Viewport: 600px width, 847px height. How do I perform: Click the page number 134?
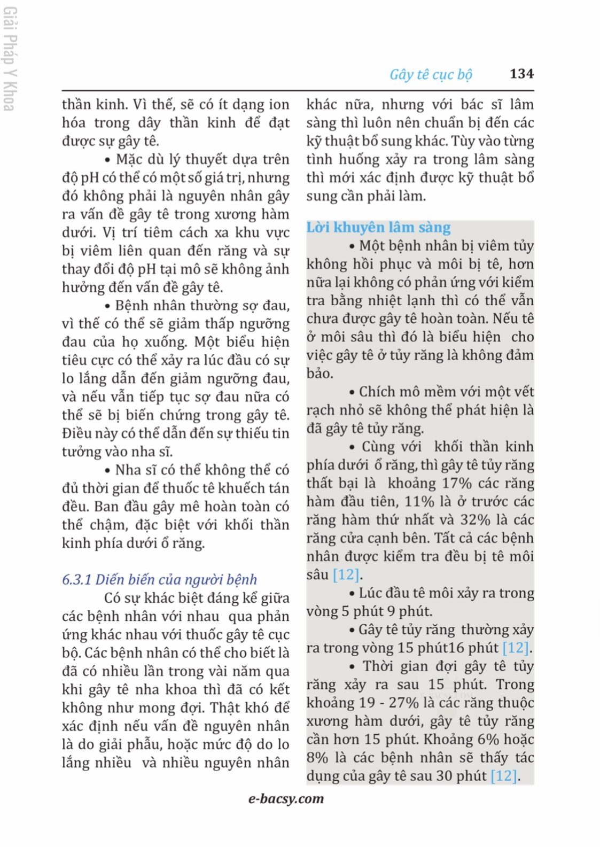(x=521, y=74)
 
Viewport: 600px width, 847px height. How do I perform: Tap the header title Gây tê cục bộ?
(x=431, y=74)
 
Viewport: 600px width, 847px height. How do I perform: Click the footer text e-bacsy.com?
(x=286, y=798)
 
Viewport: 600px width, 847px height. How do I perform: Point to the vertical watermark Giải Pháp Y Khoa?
(x=9, y=59)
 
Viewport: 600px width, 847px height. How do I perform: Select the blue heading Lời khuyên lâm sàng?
(x=378, y=228)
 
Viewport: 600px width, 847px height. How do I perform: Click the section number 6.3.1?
(x=77, y=580)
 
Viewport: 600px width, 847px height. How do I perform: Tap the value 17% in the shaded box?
(x=456, y=484)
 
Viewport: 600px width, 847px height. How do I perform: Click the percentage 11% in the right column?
(x=419, y=502)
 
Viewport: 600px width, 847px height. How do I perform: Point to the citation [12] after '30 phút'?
(x=504, y=776)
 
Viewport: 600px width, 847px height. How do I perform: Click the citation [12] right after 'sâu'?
(x=346, y=575)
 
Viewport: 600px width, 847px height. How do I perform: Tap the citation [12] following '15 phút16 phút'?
(x=516, y=648)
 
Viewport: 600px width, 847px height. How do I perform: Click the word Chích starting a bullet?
(x=376, y=392)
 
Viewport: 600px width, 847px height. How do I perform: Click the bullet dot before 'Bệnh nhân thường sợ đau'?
(x=107, y=307)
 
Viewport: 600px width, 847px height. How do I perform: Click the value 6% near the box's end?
(x=488, y=740)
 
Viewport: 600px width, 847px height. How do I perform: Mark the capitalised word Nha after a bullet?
(x=128, y=470)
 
